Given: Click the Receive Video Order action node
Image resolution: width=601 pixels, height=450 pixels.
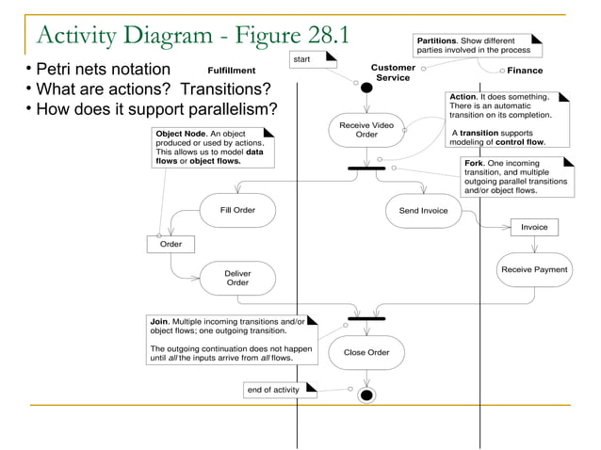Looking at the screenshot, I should (x=366, y=129).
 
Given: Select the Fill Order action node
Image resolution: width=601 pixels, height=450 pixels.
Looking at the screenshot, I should (x=237, y=210).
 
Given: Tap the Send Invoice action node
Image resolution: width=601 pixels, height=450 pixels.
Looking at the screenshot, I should (x=423, y=211).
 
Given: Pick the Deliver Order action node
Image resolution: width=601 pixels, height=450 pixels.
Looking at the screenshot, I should (x=237, y=278).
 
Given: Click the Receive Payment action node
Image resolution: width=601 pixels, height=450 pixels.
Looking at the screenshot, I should (x=534, y=270).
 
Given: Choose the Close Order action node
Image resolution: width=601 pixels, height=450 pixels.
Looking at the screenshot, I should (x=366, y=353).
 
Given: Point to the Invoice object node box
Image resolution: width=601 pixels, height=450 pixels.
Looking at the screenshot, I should (x=534, y=227).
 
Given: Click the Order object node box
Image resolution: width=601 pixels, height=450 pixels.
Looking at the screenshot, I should (x=171, y=244).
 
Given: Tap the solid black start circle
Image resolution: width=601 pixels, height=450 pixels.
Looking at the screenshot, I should (x=366, y=88).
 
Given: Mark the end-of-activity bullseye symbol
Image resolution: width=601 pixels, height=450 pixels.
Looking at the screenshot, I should (x=366, y=394).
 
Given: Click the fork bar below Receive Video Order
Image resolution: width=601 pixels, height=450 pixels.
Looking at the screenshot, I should (x=366, y=169).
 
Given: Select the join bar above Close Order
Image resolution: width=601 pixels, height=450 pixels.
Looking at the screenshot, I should (x=366, y=318).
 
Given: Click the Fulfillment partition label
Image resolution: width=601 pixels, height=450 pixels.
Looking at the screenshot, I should (x=232, y=71).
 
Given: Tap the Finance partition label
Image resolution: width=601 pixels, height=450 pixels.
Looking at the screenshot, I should (x=525, y=71).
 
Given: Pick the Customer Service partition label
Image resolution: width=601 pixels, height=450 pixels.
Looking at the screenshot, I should (x=393, y=72).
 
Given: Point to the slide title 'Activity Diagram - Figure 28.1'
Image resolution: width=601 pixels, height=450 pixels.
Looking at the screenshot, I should (x=190, y=36).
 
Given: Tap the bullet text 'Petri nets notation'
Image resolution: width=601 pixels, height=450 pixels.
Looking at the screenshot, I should (x=104, y=70).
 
